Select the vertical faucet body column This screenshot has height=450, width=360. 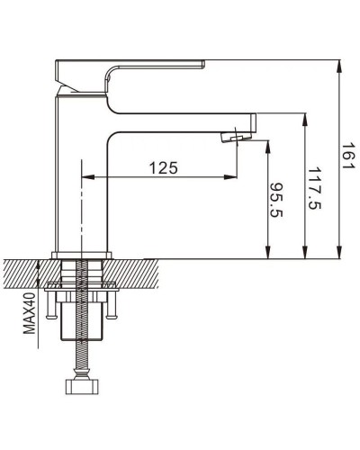click(82, 180)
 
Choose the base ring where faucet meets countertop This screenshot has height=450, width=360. click(82, 254)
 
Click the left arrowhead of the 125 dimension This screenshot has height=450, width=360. click(87, 178)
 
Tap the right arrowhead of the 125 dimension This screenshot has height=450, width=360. click(232, 178)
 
